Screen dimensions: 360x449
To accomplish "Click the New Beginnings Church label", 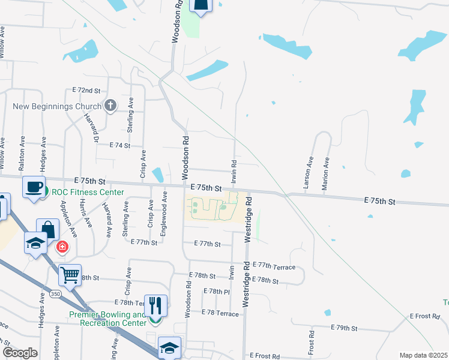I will pyautogui.click(x=56, y=106).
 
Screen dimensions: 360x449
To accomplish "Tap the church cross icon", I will pyautogui.click(x=110, y=106).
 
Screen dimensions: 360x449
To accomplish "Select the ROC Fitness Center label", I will pyautogui.click(x=88, y=193).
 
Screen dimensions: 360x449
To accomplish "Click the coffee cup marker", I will pyautogui.click(x=34, y=187).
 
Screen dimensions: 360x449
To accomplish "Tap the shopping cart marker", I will pyautogui.click(x=70, y=275).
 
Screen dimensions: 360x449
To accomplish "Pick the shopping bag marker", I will pyautogui.click(x=48, y=230).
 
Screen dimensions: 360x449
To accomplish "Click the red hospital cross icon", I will pyautogui.click(x=62, y=247).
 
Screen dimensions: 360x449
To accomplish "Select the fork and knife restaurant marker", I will pyautogui.click(x=155, y=306).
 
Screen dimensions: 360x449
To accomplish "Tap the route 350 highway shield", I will pyautogui.click(x=55, y=294).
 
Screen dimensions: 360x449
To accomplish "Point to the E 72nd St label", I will pyautogui.click(x=86, y=90).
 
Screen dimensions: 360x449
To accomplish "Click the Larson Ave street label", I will pyautogui.click(x=308, y=174).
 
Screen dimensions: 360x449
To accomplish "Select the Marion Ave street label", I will pyautogui.click(x=325, y=174).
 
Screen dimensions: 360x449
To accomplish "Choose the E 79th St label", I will pyautogui.click(x=344, y=328).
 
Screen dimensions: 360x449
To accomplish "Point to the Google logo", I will pyautogui.click(x=20, y=353).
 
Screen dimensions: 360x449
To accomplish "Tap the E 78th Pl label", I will pyautogui.click(x=216, y=291).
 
